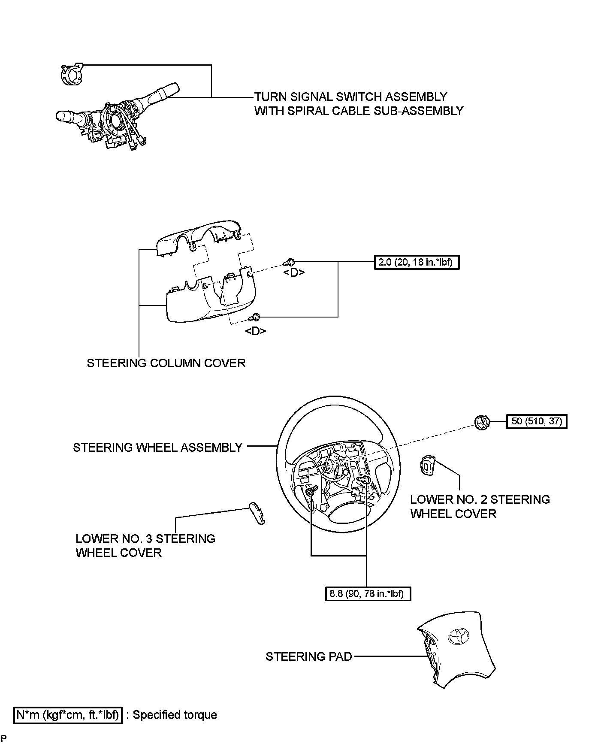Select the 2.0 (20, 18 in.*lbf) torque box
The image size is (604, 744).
click(417, 262)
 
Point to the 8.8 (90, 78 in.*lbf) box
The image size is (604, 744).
click(368, 594)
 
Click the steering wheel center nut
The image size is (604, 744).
click(483, 422)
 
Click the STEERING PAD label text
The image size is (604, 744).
click(308, 656)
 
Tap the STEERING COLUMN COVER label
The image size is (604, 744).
click(166, 363)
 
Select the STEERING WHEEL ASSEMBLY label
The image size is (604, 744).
click(157, 448)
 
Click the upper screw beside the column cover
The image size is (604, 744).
click(290, 262)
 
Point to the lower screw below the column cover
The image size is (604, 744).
click(256, 317)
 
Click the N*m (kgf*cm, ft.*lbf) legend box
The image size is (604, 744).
click(68, 715)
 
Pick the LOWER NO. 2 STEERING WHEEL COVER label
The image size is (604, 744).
click(480, 506)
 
